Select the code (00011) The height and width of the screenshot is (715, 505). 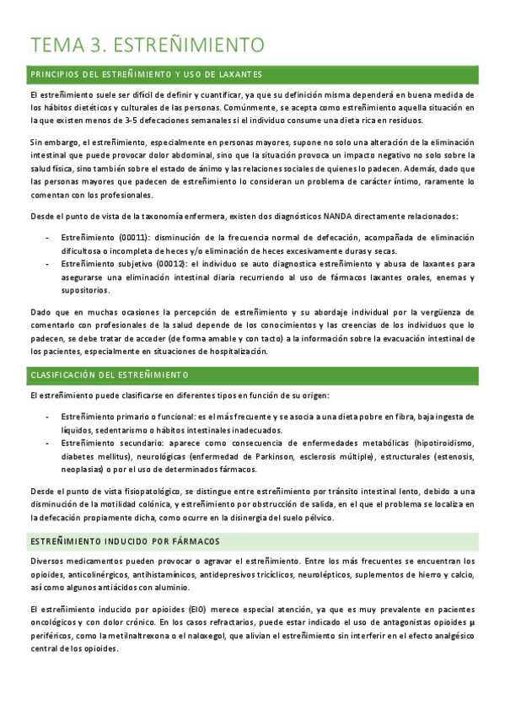pos(117,238)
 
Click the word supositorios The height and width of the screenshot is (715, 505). pos(85,290)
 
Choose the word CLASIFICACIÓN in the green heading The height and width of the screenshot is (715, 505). pos(67,374)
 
